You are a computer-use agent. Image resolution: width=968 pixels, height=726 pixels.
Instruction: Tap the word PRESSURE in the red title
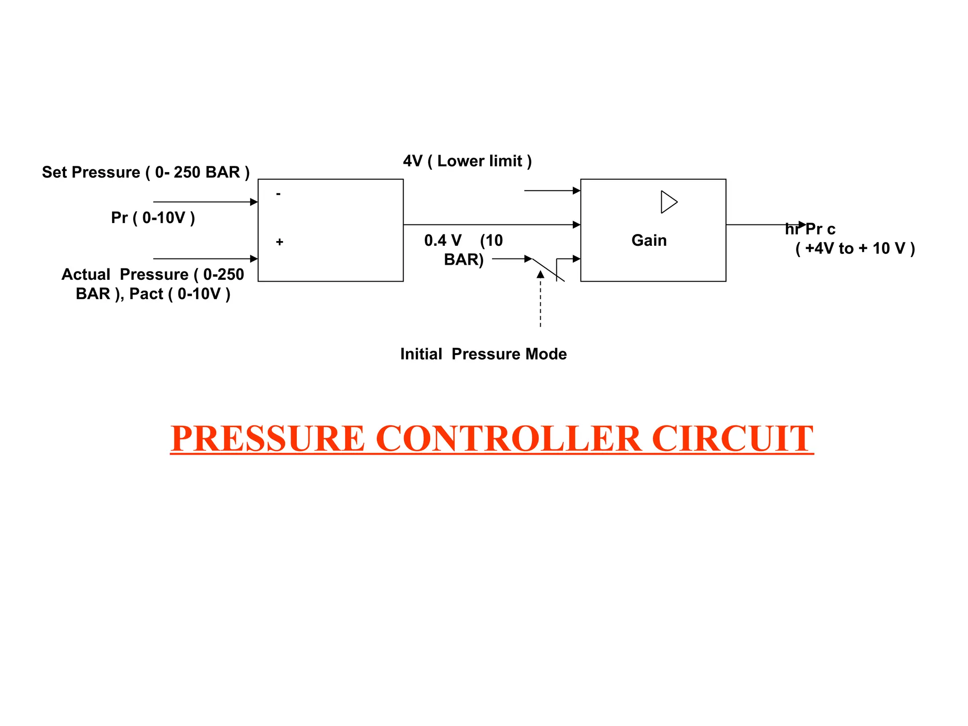pyautogui.click(x=268, y=439)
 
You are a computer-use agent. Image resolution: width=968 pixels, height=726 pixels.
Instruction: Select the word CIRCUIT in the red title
pyautogui.click(x=732, y=439)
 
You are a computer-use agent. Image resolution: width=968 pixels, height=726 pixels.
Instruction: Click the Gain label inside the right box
pyautogui.click(x=648, y=240)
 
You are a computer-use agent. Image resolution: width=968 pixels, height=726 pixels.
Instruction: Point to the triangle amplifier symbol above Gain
pyautogui.click(x=668, y=202)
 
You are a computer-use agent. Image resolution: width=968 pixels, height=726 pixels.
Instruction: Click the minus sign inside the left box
pyautogui.click(x=278, y=194)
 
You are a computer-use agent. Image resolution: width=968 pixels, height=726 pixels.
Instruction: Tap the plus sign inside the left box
pyautogui.click(x=279, y=242)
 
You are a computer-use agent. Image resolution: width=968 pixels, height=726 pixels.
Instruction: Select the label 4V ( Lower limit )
pyautogui.click(x=467, y=161)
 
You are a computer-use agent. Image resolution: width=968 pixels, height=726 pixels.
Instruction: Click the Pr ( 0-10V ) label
pyautogui.click(x=153, y=217)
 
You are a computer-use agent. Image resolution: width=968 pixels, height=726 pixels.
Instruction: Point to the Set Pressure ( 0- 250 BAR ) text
pyautogui.click(x=146, y=172)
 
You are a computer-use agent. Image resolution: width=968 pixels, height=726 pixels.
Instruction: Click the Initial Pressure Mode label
pyautogui.click(x=483, y=354)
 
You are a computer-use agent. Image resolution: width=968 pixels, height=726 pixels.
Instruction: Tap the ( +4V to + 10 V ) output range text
pyautogui.click(x=855, y=248)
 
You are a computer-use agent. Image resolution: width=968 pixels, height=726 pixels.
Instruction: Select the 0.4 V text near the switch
pyautogui.click(x=442, y=240)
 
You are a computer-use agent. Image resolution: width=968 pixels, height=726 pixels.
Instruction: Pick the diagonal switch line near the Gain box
pyautogui.click(x=548, y=270)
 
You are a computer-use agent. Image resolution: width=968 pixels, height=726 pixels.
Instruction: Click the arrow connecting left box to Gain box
pyautogui.click(x=492, y=225)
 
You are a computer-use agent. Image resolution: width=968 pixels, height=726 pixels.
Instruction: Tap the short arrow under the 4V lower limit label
pyautogui.click(x=552, y=190)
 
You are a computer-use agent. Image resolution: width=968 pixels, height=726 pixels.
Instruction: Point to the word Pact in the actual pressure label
pyautogui.click(x=146, y=294)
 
